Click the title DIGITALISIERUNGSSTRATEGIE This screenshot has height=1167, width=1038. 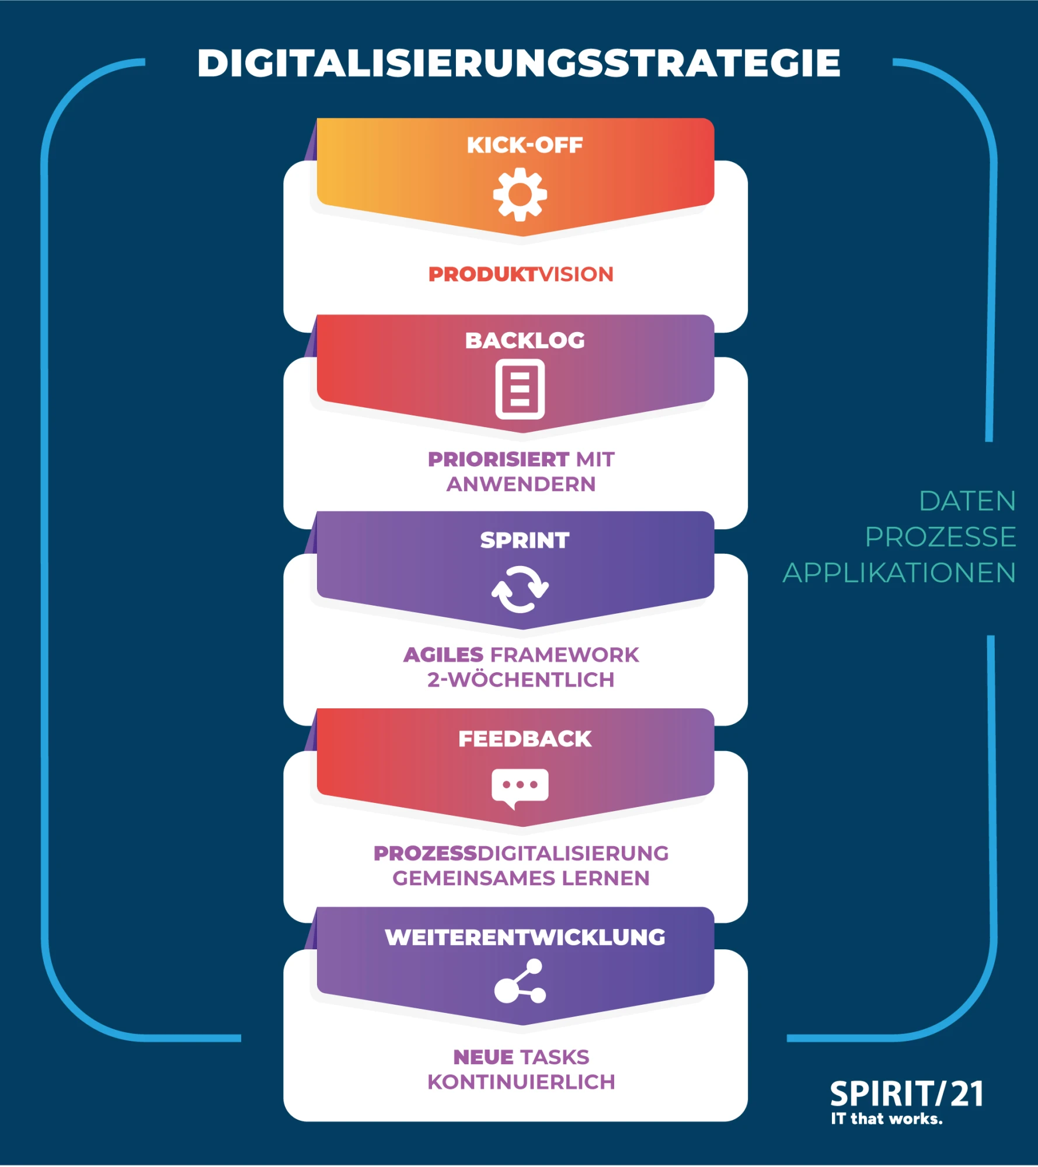pos(518,63)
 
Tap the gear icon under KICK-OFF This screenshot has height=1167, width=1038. pos(520,194)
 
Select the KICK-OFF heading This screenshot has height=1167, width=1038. pos(524,145)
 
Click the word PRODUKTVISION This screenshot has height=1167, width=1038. pos(521,274)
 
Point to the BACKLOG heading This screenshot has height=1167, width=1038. pos(524,340)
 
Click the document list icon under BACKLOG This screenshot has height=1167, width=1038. pos(520,389)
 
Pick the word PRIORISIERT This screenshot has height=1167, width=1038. pos(498,459)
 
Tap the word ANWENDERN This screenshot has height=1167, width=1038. pos(521,484)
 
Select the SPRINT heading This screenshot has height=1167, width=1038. pos(524,540)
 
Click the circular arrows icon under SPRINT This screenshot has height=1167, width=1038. pos(520,589)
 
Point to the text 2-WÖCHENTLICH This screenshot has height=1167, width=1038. pos(521,680)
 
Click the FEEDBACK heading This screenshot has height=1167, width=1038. pos(524,739)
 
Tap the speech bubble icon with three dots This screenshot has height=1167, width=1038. pos(520,787)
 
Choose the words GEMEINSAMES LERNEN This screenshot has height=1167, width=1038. pos(521,878)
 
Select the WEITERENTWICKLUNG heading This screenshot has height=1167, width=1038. pos(524,937)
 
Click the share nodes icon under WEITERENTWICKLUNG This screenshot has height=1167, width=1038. pos(520,983)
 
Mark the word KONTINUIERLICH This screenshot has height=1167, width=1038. pos(521,1082)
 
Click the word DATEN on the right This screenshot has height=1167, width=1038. pos(967,501)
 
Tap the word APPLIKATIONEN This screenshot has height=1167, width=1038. pos(899,573)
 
